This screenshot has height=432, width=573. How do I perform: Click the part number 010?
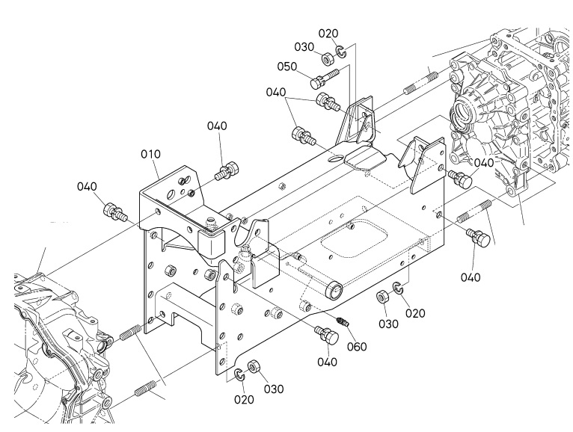(150, 155)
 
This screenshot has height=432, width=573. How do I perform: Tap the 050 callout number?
(286, 67)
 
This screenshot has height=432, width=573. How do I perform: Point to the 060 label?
(356, 347)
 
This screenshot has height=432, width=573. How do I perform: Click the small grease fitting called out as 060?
(343, 321)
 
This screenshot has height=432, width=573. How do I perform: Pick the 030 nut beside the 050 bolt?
(327, 58)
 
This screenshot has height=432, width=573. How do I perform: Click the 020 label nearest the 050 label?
(328, 34)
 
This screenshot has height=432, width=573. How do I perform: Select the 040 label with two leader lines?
(276, 93)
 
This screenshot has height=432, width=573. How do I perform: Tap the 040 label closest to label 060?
(327, 362)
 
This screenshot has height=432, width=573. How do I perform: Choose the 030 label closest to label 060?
(388, 324)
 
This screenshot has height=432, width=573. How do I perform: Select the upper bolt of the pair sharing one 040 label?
(326, 101)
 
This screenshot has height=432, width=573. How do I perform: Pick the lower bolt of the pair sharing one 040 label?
(303, 136)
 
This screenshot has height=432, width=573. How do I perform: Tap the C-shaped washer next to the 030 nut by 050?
(341, 52)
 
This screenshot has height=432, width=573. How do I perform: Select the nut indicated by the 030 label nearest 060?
(382, 297)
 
